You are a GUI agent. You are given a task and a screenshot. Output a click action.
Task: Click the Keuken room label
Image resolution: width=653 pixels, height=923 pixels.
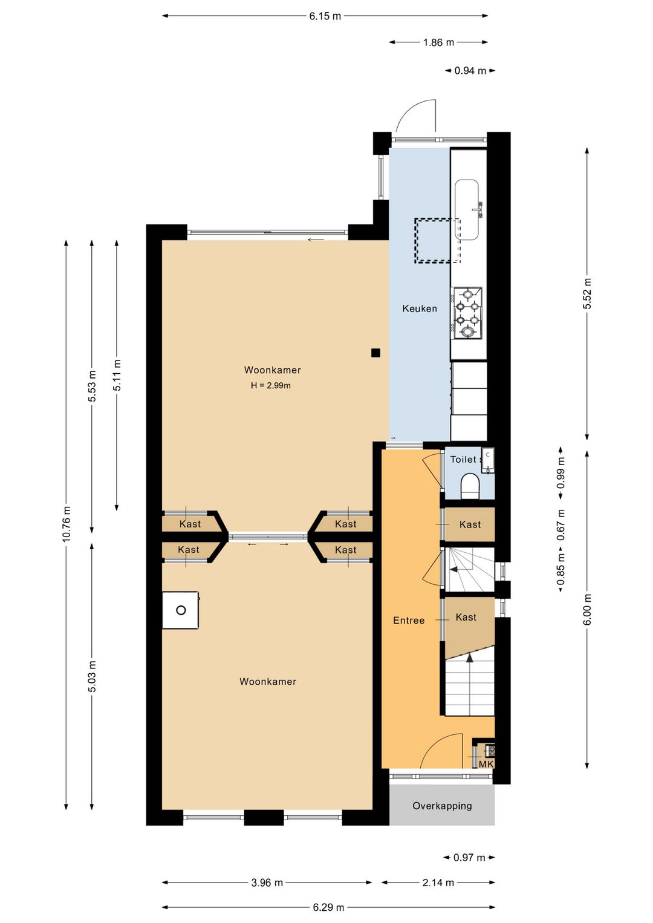coord(420,308)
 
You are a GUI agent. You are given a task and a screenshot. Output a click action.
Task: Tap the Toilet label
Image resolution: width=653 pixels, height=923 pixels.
coord(463,459)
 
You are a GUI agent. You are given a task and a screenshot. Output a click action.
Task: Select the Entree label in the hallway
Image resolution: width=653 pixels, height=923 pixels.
coord(409,620)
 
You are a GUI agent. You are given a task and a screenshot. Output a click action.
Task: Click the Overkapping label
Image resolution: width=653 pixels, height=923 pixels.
coord(442,806)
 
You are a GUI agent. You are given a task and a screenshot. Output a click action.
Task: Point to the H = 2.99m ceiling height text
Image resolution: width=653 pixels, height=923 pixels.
coord(271,386)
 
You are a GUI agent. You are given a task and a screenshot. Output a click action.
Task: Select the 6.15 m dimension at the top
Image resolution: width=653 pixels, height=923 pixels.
coord(325,16)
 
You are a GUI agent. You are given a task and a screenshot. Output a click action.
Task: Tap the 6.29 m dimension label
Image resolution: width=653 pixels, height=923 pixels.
coord(328,907)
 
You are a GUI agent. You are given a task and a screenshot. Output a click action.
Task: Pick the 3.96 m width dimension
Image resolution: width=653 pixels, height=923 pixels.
coord(267,882)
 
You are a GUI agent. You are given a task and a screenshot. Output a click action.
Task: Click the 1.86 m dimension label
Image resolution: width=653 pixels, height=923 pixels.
coord(438,42)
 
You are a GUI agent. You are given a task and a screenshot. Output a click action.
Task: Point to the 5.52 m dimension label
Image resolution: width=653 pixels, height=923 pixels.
coord(588,293)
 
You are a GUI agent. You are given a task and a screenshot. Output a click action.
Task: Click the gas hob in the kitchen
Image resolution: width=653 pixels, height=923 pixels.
coord(468,313)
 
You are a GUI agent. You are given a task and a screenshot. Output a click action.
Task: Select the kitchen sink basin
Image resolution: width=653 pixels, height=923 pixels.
coord(467,209)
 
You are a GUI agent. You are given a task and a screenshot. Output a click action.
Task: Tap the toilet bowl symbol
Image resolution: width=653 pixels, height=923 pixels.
coord(470,486)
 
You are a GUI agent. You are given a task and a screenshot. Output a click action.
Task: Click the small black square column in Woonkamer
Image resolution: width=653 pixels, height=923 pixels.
coord(375,353)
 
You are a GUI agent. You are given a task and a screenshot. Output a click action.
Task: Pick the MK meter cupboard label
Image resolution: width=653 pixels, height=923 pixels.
coord(486,765)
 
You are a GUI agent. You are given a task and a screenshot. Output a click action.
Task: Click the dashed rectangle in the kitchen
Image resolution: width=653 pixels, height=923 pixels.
coord(438,241)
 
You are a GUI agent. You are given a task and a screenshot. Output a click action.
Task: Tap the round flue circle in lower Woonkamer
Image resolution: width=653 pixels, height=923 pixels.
coord(181,610)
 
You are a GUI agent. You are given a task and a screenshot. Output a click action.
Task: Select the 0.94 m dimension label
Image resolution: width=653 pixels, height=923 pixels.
coord(470,71)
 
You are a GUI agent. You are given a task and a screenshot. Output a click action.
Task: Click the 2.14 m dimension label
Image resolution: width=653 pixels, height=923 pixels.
coord(438,882)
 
